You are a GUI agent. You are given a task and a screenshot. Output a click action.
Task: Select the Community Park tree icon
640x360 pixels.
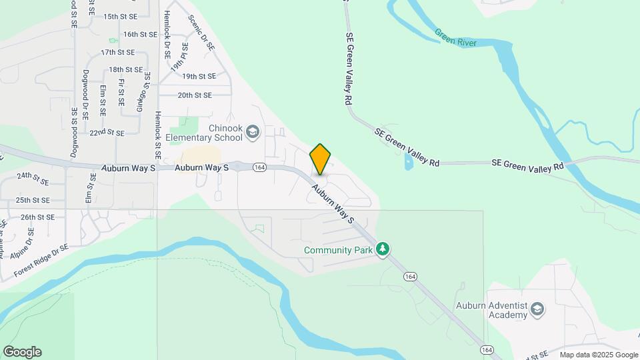[x=382, y=249]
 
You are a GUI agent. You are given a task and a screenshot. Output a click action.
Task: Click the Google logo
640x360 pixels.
[x=22, y=352]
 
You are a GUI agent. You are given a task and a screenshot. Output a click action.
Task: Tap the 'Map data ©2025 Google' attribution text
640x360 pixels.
[x=599, y=355]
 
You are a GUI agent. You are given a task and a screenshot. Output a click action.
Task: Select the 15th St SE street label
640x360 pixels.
[x=120, y=16]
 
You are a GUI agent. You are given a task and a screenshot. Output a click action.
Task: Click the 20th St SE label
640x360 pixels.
[x=195, y=95]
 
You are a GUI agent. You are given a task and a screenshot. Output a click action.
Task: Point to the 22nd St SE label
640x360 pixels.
[x=107, y=133]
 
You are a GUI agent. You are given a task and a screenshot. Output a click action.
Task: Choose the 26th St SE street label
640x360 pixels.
[x=37, y=217]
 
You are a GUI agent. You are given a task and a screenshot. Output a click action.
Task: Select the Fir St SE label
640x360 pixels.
[x=121, y=93]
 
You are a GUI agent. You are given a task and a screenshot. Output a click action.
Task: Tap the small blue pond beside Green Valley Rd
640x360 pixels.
[x=408, y=163]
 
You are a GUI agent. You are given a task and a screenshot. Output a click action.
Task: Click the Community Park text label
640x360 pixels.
[x=337, y=250]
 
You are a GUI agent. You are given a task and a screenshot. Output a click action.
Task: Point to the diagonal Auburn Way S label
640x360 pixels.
[x=331, y=204]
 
